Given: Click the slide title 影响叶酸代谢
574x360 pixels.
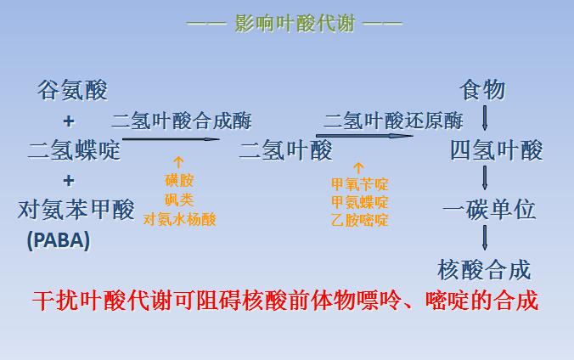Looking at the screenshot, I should pos(295,22).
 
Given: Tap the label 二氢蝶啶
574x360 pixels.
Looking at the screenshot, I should pos(74,151).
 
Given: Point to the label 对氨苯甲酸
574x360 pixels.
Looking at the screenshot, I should pos(76,209).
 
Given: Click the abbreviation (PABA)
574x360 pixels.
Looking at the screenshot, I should pos(58,240).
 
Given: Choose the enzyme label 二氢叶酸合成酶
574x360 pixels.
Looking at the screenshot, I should pos(182,121).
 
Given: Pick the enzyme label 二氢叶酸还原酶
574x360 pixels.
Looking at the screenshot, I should pos(393,121).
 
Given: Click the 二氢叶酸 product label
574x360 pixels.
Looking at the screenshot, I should pos(285,151).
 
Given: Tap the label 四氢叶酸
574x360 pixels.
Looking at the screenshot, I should pos(496,151).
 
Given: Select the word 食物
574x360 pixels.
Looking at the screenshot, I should pos(482,89).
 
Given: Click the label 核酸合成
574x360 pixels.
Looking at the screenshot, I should pos(485,270).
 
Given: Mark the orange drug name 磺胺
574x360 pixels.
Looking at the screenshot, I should pos(178,181).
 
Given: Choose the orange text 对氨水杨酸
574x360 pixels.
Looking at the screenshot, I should pos(178,219).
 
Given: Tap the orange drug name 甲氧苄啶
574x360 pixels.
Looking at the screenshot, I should pos(360,183).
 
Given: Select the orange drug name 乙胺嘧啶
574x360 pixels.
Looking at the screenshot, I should pos(360,220).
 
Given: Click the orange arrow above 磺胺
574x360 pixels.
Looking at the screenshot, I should pos(178,162).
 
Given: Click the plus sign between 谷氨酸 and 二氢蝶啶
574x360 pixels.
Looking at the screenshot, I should pos(69,121).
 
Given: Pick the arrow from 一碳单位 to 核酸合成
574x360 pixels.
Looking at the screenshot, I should pos(485,238).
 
